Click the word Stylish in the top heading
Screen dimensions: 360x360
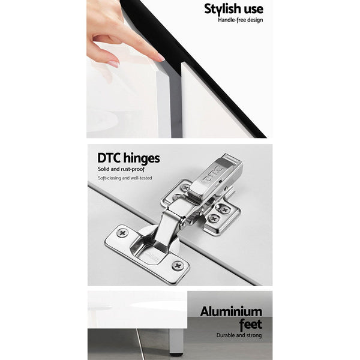(x=222, y=10)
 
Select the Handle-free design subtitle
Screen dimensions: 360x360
(x=241, y=20)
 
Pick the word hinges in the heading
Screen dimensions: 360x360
(x=142, y=158)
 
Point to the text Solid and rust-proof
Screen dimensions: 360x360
(x=121, y=169)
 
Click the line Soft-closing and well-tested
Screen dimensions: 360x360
(x=125, y=178)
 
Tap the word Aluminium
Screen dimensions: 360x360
(x=231, y=312)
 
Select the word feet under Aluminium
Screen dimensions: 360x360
(x=250, y=324)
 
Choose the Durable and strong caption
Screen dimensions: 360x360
(x=239, y=335)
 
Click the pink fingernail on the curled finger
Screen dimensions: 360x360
(x=113, y=64)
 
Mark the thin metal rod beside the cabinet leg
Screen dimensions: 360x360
(x=140, y=344)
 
